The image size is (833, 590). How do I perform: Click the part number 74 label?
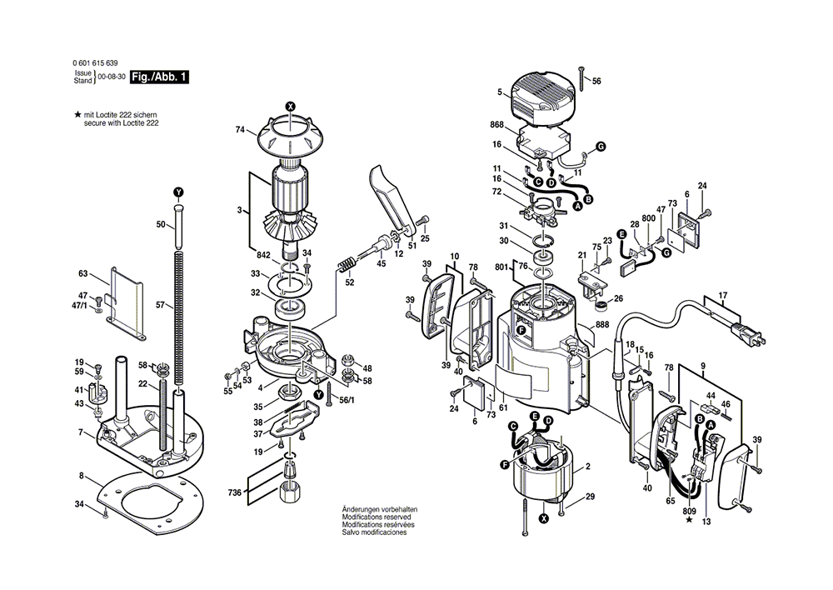[x=240, y=130]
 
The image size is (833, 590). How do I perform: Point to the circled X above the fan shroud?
[x=290, y=106]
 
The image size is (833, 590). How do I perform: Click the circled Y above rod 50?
[x=178, y=192]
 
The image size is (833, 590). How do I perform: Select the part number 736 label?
[x=237, y=493]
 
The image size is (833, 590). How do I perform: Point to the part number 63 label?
[x=82, y=273]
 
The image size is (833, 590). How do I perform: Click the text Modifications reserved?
[x=372, y=517]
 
